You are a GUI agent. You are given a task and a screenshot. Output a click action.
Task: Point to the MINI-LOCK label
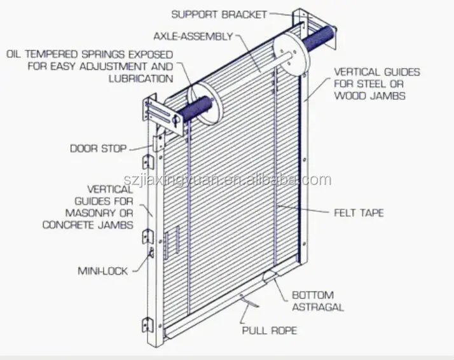tap(103, 271)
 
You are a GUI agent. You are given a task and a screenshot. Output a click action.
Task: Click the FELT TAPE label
tap(359, 212)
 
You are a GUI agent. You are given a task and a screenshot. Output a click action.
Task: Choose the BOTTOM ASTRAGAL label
tap(318, 301)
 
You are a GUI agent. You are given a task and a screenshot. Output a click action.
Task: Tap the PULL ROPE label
tap(269, 331)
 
